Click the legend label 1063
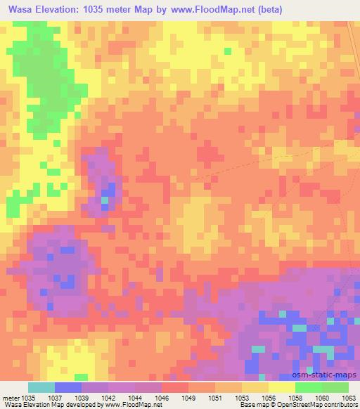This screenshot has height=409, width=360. tap(349, 397)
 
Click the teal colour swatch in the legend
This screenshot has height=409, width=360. tap(41, 387)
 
